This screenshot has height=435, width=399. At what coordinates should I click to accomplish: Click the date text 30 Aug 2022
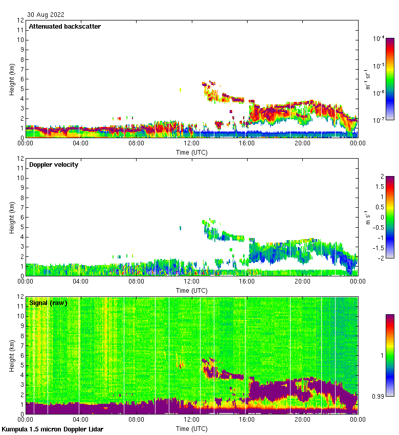click(46, 15)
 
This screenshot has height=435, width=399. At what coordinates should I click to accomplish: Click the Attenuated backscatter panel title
click(64, 27)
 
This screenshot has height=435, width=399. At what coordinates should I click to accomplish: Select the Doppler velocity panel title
click(54, 165)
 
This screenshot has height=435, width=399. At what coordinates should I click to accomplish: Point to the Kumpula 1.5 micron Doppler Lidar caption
click(52, 429)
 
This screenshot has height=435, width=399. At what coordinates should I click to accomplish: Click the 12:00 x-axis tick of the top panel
click(192, 143)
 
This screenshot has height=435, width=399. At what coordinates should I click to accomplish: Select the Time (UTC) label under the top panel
click(192, 152)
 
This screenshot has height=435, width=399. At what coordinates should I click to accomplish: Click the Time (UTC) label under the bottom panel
click(192, 428)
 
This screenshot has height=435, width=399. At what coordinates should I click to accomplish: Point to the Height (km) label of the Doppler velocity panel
click(12, 217)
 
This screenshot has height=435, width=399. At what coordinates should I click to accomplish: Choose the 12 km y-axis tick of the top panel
click(20, 20)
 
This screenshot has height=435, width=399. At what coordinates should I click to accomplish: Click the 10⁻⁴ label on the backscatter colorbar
click(379, 39)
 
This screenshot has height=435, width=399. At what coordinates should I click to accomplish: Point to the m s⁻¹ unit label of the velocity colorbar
click(367, 217)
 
